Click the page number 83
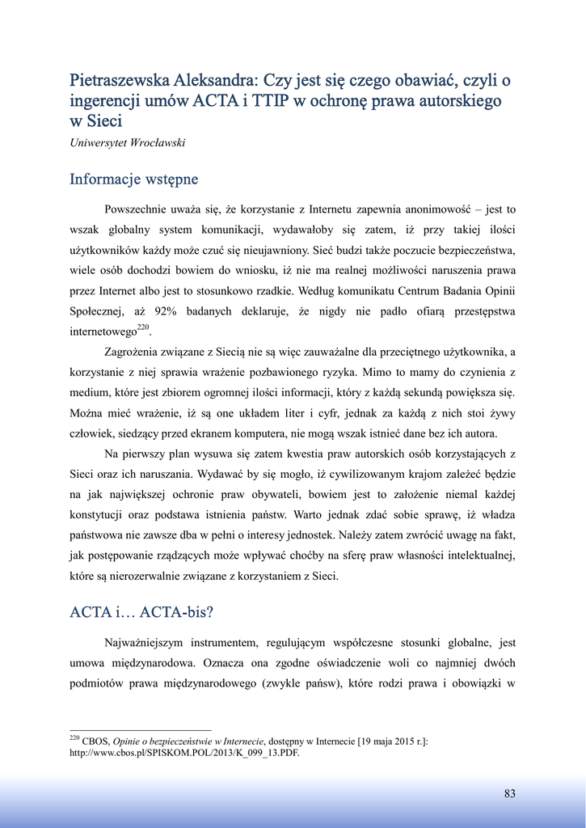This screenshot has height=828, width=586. (x=509, y=793)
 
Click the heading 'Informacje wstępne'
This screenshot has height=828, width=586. (x=133, y=178)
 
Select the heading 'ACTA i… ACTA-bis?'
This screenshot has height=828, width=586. (x=141, y=611)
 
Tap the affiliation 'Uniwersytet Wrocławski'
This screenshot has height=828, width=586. (x=128, y=143)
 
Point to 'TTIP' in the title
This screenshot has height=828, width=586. (x=271, y=101)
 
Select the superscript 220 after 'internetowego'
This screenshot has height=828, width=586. (x=143, y=327)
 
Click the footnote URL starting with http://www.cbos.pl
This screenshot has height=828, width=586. (x=184, y=752)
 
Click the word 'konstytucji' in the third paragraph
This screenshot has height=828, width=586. (x=99, y=513)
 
